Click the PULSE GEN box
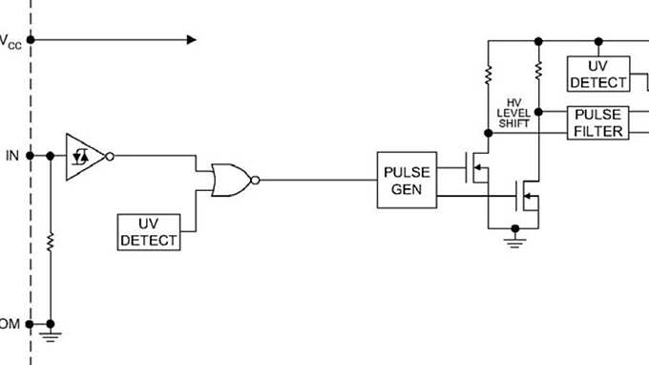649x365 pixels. pyautogui.click(x=408, y=180)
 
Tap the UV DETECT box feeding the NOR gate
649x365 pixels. pyautogui.click(x=149, y=231)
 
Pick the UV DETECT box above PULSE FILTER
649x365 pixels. pyautogui.click(x=598, y=74)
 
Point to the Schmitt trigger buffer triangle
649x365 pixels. pyautogui.click(x=84, y=156)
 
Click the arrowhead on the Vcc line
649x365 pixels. pyautogui.click(x=191, y=40)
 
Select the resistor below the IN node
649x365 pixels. pyautogui.click(x=50, y=240)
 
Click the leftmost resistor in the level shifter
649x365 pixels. pyautogui.click(x=489, y=73)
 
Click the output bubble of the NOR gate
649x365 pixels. pyautogui.click(x=256, y=179)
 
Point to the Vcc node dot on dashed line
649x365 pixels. pyautogui.click(x=31, y=40)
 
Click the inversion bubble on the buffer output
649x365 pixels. pyautogui.click(x=110, y=156)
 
